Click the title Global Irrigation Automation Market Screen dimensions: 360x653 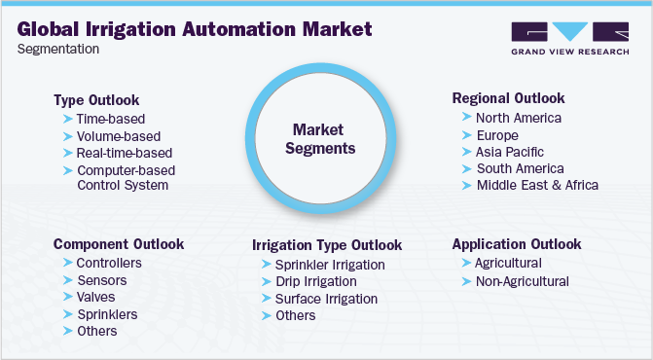(195, 28)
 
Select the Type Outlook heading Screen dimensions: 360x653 (96, 100)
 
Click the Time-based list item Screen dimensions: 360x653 (111, 119)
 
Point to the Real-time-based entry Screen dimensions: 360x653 (124, 153)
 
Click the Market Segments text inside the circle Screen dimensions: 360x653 (325, 138)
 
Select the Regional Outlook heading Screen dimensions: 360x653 (509, 98)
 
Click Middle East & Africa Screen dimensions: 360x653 (537, 185)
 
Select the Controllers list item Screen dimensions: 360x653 (109, 263)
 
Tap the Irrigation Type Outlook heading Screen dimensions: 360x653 (327, 245)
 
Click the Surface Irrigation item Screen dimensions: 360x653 (326, 299)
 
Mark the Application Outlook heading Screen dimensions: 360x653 (517, 243)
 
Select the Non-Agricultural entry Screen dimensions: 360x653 (522, 281)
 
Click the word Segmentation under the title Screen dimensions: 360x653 (57, 50)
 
